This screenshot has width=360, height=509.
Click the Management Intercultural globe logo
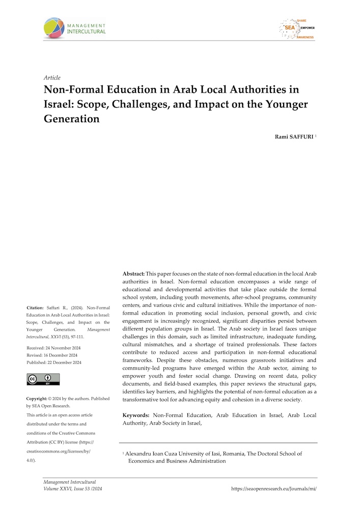pos(54,28)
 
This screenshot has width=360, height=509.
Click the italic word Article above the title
pos(52,78)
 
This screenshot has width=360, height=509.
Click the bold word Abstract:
pos(134,274)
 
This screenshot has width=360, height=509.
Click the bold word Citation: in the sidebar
pos(36,307)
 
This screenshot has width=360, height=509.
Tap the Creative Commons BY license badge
pos(43,379)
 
